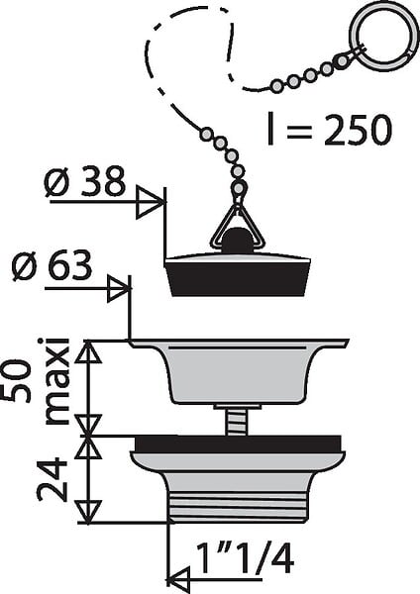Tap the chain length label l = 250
point(330,129)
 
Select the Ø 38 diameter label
point(85,182)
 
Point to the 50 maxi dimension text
point(37,382)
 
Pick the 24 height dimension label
point(52,479)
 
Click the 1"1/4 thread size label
point(246,557)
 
